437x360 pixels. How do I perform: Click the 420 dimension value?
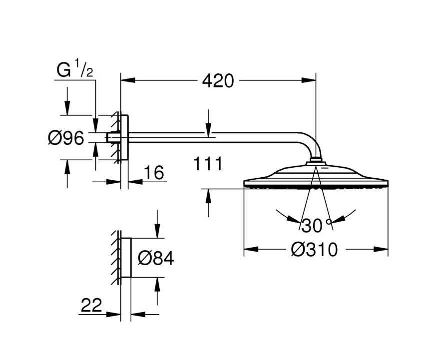coord(218,81)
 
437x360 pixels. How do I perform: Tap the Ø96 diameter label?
coord(66,138)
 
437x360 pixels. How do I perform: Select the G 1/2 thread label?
coord(75,70)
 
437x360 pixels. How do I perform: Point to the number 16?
coord(154,173)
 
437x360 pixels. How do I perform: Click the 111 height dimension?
coord(208,164)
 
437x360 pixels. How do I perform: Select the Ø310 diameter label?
coord(314,250)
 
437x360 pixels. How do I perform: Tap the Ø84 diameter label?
coord(156,258)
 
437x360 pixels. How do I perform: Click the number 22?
coord(91,305)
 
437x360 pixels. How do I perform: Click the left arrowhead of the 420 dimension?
coord(128,80)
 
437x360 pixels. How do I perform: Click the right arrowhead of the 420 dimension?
coord(309,80)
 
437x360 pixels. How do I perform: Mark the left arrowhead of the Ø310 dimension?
coord(251,249)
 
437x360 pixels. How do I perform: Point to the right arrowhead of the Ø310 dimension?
coord(381,249)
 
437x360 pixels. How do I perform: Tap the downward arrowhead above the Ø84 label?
coord(157,231)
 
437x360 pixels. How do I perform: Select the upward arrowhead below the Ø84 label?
coord(157,285)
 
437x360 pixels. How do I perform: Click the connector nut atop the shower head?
coord(316,160)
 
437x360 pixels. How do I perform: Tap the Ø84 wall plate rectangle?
coord(126,258)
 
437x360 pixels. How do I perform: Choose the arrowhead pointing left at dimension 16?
coord(135,182)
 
